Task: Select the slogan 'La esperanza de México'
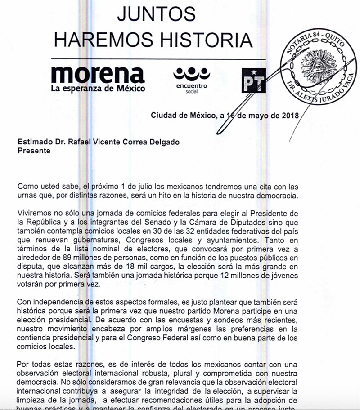(x=98, y=89)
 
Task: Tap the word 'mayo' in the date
(x=258, y=115)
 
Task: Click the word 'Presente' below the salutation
(x=34, y=151)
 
